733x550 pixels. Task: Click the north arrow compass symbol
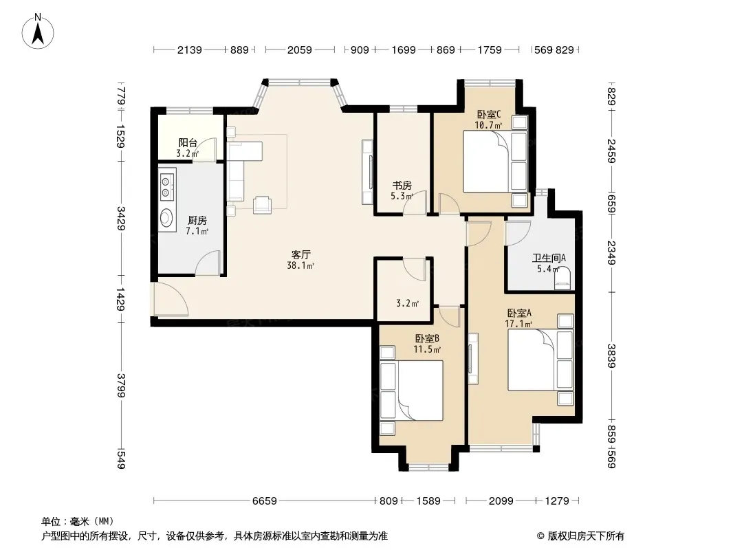point(38,32)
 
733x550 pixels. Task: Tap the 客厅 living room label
point(300,254)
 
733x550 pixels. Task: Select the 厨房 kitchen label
point(197,220)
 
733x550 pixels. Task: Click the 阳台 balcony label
point(188,142)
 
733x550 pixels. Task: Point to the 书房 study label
point(402,186)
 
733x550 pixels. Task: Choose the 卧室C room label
point(488,114)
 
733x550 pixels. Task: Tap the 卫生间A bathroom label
point(549,258)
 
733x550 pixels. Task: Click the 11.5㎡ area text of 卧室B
point(427,349)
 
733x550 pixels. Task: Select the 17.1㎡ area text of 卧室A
point(518,324)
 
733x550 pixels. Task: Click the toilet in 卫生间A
point(563,278)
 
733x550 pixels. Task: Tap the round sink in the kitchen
point(166,218)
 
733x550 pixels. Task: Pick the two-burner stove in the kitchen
point(166,186)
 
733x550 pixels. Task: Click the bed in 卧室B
point(411,390)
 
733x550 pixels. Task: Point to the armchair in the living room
point(262,205)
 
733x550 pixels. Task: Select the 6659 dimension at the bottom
point(265,501)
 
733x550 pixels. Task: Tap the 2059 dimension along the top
point(300,49)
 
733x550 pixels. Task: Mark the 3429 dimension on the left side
point(121,218)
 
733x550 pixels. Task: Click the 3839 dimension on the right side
point(611,356)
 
